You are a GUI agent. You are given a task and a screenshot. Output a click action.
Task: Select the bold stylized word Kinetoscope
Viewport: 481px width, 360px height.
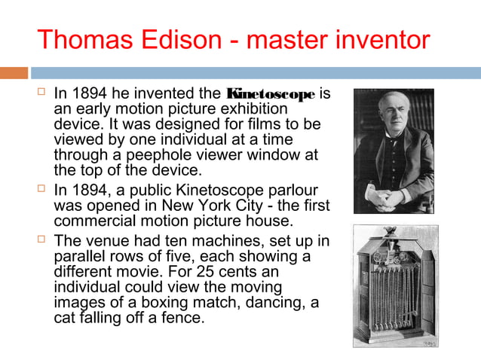pos(271,95)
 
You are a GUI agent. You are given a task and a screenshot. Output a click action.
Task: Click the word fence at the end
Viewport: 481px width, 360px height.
pos(182,318)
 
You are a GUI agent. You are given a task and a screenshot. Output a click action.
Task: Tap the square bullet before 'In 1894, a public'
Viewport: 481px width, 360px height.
pos(41,190)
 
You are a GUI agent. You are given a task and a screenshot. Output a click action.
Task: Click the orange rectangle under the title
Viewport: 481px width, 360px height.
pos(14,73)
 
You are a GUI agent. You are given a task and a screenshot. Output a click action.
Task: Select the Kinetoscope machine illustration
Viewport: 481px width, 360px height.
pos(393,285)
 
